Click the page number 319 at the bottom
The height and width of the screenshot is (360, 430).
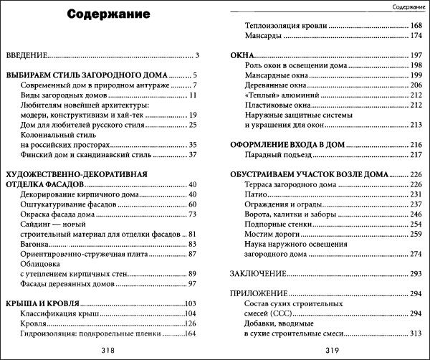pyautogui.click(x=326, y=350)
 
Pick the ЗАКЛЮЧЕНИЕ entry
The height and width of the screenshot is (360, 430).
pyautogui.click(x=258, y=275)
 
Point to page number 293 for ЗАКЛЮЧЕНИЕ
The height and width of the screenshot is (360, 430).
pyautogui.click(x=416, y=275)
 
